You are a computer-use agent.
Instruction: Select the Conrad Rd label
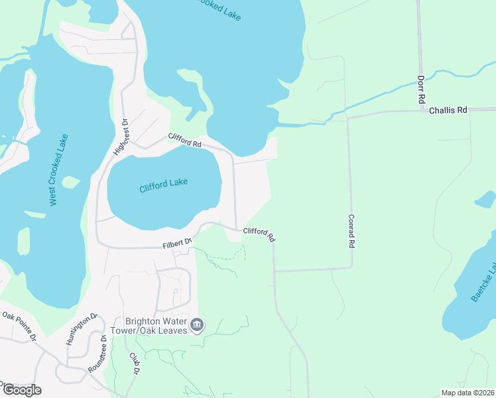click(351, 230)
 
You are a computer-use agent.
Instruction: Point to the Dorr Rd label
click(420, 88)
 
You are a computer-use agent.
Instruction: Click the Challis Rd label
click(448, 110)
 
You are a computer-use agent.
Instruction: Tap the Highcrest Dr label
click(121, 137)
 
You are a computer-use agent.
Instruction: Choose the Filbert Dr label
click(176, 244)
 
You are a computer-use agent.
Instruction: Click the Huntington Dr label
click(82, 330)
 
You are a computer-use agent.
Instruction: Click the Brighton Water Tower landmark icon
click(197, 325)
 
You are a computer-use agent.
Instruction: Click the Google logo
click(22, 389)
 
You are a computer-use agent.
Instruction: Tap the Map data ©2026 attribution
click(467, 393)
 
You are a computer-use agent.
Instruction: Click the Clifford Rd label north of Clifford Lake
click(185, 140)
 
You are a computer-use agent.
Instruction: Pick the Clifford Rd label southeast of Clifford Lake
click(259, 233)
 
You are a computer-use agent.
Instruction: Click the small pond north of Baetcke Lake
click(485, 199)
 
